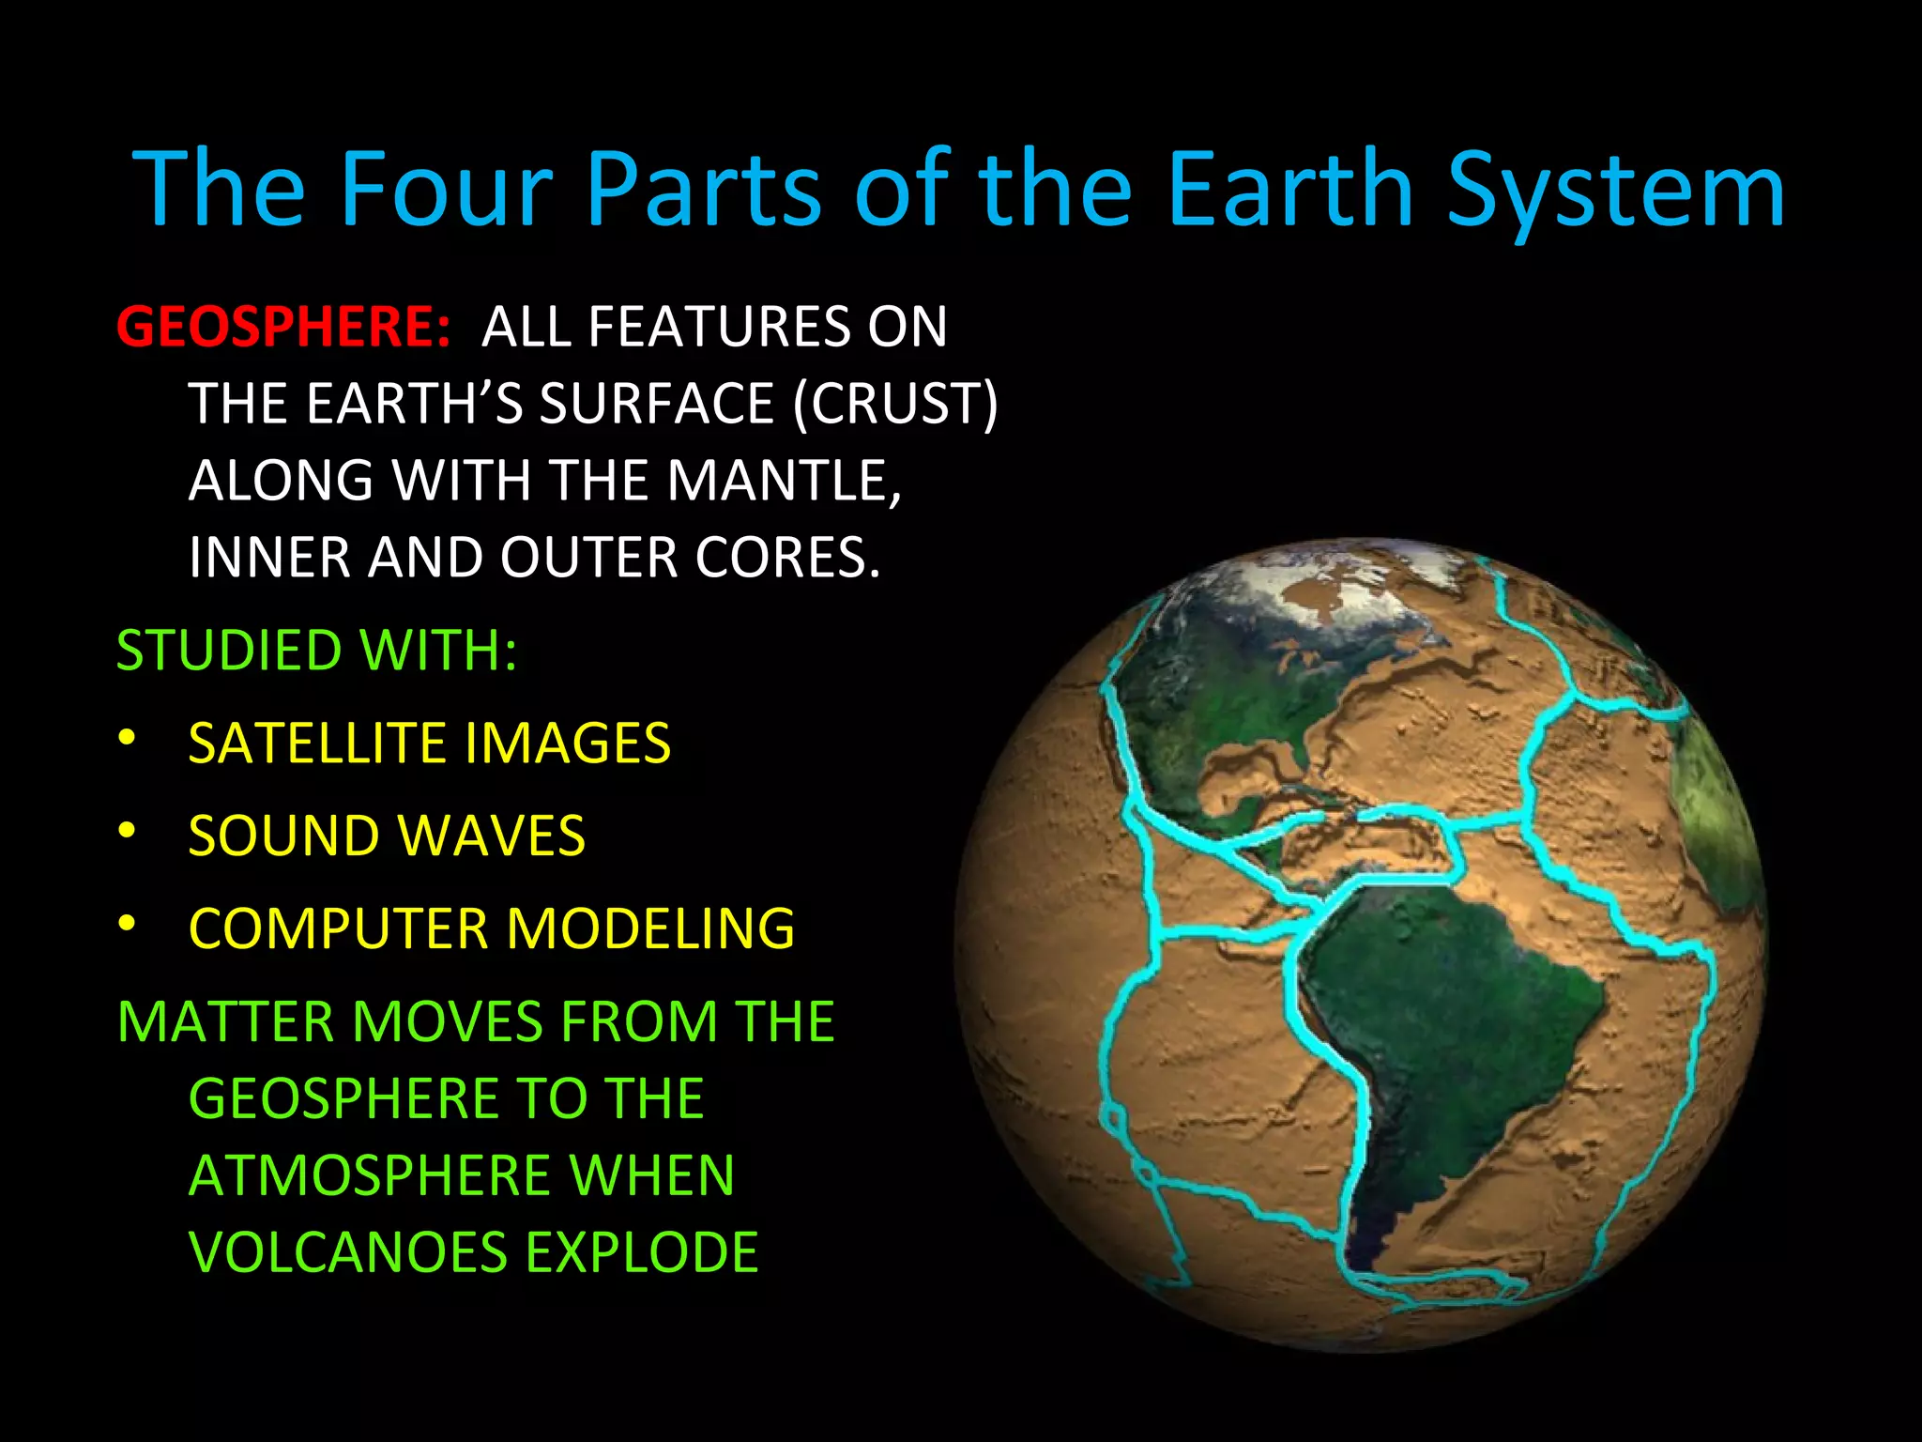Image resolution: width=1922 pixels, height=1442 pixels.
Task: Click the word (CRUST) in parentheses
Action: (895, 404)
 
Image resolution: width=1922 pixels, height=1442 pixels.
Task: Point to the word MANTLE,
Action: (784, 481)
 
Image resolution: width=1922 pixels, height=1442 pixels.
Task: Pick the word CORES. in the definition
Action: (786, 558)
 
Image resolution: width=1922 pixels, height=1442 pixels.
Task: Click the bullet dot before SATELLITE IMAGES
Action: (128, 739)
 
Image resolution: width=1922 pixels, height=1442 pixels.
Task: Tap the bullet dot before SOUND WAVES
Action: (128, 831)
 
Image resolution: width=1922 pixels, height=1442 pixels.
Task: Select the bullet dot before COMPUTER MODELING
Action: (128, 924)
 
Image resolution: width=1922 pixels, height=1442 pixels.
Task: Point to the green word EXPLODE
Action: (641, 1252)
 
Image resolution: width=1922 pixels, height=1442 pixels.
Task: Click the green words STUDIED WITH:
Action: (316, 650)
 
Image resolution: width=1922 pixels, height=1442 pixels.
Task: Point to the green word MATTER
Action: (226, 1021)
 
